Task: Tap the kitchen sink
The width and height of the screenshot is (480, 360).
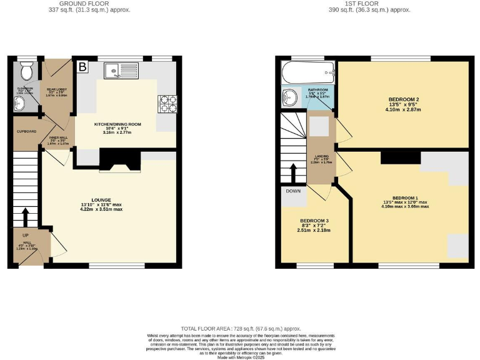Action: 118,71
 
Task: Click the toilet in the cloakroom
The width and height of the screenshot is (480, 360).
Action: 26,72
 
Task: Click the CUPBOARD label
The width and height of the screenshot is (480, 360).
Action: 26,131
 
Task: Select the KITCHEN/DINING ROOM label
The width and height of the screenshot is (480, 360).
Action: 117,124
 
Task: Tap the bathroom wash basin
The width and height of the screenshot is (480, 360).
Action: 290,97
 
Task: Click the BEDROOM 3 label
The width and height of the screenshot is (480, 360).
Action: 314,221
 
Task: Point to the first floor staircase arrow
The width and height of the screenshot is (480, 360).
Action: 293,171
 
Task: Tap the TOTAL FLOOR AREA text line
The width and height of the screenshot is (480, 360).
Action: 241,328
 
